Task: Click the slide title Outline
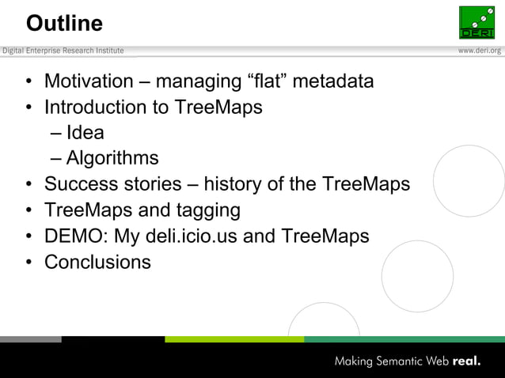(64, 24)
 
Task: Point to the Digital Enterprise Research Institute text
(63, 51)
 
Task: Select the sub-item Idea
(85, 133)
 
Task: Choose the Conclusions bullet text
(97, 262)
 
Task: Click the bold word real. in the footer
(467, 362)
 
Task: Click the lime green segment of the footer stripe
(234, 339)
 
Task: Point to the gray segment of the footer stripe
(30, 339)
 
